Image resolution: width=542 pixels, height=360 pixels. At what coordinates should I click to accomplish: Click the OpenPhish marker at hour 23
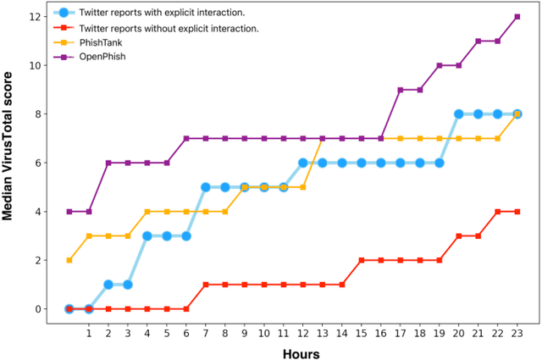pos(517,17)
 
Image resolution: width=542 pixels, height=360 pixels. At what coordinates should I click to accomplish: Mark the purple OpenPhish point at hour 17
pos(401,90)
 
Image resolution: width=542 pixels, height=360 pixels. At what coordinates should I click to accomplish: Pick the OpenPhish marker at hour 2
pos(108,163)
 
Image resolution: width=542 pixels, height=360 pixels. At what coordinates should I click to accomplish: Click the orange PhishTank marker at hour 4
pos(147,212)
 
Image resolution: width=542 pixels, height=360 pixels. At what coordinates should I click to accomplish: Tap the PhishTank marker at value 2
pos(69,260)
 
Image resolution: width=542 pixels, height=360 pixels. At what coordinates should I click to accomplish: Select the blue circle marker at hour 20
pos(459,114)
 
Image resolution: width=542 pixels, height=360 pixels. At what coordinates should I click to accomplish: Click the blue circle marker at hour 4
pos(147,236)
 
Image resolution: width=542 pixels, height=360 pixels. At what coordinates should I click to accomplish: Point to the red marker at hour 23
pos(517,212)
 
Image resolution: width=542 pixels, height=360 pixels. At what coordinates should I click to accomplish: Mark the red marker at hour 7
pos(205,285)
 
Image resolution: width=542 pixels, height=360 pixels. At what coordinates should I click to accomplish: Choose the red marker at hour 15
pos(362,260)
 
